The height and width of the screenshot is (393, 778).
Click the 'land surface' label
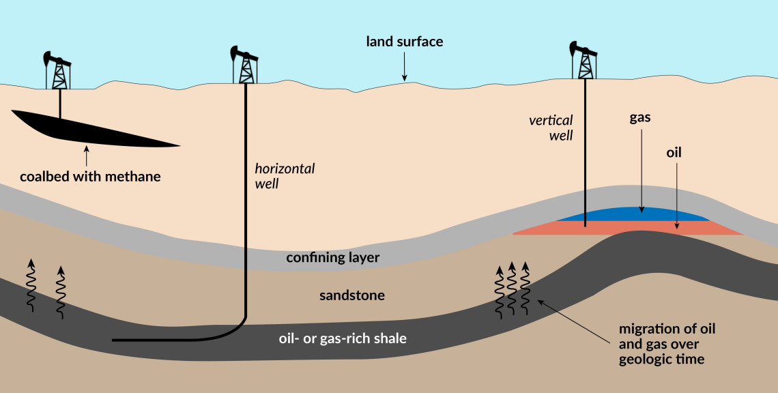coord(405,42)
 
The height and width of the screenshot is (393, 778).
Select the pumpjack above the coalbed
coord(59,70)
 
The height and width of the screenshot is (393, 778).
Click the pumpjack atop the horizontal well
coord(245,66)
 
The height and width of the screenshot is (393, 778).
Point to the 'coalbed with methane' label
coord(90,177)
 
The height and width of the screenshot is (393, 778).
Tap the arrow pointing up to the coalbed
coord(86,156)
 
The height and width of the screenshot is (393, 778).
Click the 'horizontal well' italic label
coord(285,176)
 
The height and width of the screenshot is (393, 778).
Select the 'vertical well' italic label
coord(551,128)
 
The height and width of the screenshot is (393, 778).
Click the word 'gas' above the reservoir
coord(639,117)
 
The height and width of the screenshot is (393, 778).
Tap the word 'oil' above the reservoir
coord(674,153)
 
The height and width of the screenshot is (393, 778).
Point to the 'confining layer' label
coord(332,257)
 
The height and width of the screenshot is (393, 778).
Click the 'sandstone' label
coord(352,295)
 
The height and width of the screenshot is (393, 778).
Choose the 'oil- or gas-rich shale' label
coord(343,338)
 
